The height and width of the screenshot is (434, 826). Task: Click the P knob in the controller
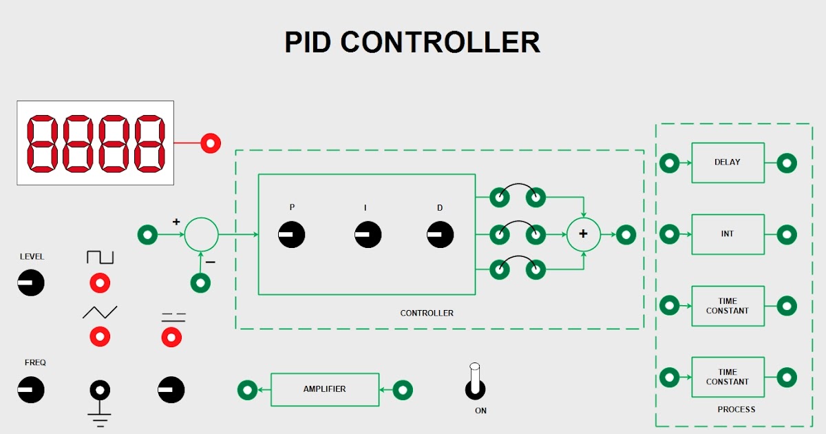(x=291, y=235)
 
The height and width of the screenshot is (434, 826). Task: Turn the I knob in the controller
(x=368, y=235)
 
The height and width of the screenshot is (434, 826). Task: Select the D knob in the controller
(x=440, y=235)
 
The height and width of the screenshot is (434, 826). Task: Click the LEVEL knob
(x=31, y=282)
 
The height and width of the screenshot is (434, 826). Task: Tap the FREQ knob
(x=31, y=390)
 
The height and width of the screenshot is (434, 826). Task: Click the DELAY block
(x=728, y=163)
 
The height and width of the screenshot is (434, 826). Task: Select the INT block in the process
(x=728, y=234)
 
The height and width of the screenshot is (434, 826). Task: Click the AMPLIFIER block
(x=325, y=389)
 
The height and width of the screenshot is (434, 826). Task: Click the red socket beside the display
(x=211, y=143)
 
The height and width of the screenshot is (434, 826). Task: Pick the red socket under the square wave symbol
(x=100, y=282)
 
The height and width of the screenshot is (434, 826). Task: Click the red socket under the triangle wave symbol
(x=100, y=336)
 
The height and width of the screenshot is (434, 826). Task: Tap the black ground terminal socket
(x=100, y=390)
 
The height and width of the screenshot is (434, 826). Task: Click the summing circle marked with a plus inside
(x=583, y=234)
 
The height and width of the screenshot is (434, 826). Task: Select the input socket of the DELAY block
(x=669, y=163)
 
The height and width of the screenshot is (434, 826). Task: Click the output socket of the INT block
(x=787, y=234)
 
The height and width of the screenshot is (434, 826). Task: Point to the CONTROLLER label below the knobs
(x=427, y=313)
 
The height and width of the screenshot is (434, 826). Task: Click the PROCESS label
(x=736, y=409)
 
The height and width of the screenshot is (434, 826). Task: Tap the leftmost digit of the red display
(x=42, y=143)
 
